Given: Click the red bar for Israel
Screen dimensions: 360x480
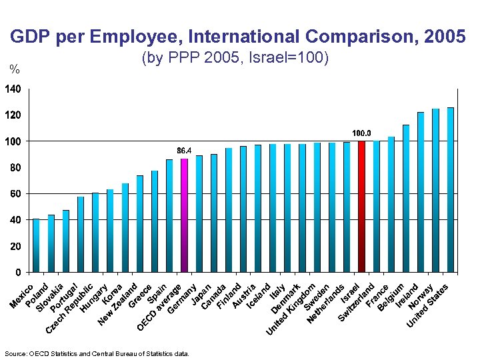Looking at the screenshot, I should coord(361,207).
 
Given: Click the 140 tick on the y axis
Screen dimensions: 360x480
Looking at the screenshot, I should coord(13,89).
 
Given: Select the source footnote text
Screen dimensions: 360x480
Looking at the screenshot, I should coord(97,353).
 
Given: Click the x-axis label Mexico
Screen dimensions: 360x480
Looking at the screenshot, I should coord(23,297).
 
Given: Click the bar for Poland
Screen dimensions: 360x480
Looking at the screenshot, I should coord(51,244).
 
